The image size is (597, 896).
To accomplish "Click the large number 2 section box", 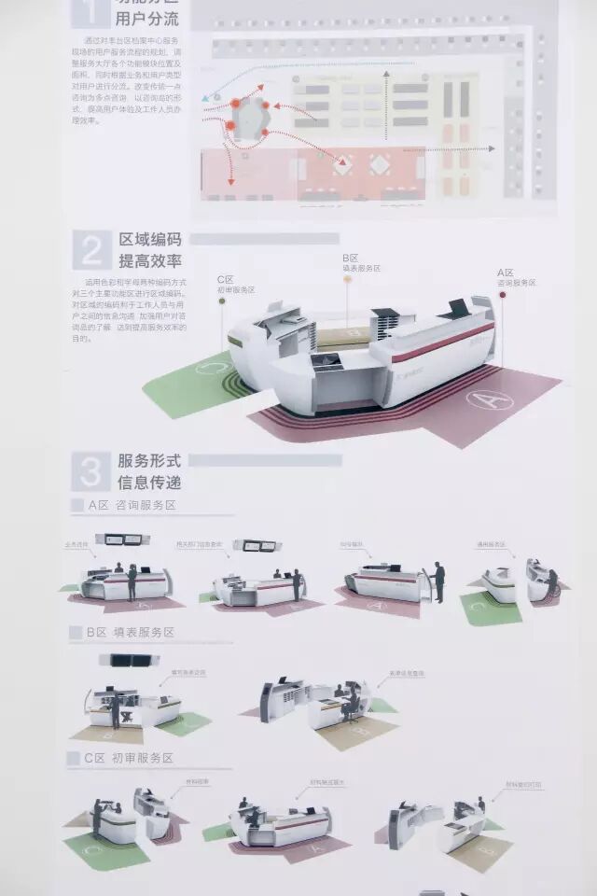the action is [x=91, y=251].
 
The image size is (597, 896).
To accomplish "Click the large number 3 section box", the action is [x=90, y=471].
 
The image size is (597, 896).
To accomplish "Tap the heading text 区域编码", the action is [x=149, y=241].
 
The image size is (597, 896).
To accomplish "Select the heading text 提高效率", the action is [x=149, y=261].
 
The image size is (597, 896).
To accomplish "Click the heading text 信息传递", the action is [x=149, y=483].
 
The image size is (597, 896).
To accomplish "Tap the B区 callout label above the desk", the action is [x=360, y=263].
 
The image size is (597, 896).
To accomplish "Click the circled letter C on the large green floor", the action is [x=211, y=369].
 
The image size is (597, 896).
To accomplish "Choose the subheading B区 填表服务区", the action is [x=131, y=632].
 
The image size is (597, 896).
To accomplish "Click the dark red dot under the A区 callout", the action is [x=502, y=295].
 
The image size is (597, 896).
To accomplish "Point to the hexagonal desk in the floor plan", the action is [x=249, y=119].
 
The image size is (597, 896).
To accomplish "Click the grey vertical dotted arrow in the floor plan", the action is [x=386, y=103].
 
